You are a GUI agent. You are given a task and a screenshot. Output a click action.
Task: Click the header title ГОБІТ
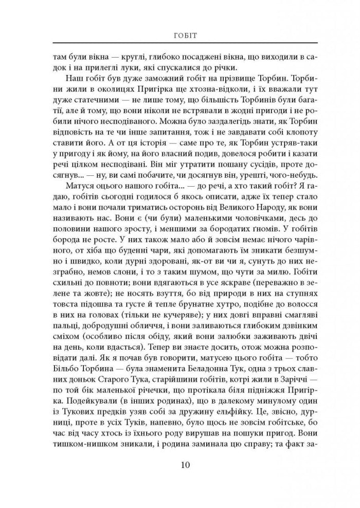180,35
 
